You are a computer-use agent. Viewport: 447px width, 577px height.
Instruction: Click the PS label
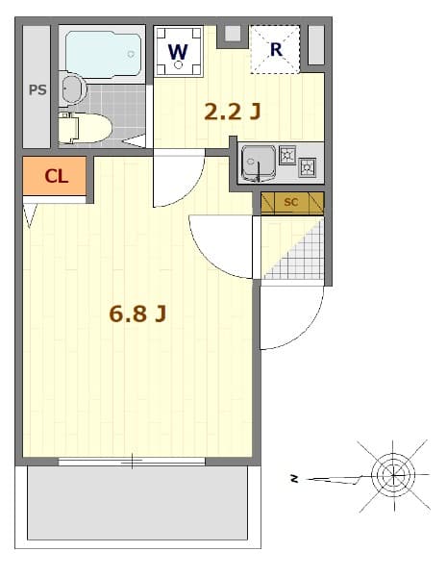tap(37, 90)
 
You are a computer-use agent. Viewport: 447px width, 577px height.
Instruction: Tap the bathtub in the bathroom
tap(102, 54)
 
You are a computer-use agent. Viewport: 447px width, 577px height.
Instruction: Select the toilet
tap(85, 127)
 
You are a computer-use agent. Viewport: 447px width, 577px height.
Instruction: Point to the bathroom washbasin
tap(72, 89)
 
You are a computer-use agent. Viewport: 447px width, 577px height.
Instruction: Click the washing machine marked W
tap(179, 52)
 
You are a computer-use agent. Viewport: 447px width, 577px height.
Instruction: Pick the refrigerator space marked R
tap(275, 49)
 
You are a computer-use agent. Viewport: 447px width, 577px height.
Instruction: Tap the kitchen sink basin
tap(258, 162)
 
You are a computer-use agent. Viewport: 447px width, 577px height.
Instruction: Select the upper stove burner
tap(287, 155)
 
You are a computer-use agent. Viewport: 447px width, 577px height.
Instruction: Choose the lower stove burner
tap(307, 168)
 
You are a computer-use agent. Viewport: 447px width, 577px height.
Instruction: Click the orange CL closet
tap(56, 177)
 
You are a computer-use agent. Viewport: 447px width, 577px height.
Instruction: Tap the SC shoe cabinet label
tap(291, 202)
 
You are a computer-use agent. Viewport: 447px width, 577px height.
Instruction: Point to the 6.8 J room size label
tap(138, 314)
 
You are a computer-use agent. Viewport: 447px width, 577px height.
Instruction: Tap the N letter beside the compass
tap(296, 477)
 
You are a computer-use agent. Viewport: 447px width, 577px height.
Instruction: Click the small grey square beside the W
tap(231, 35)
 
